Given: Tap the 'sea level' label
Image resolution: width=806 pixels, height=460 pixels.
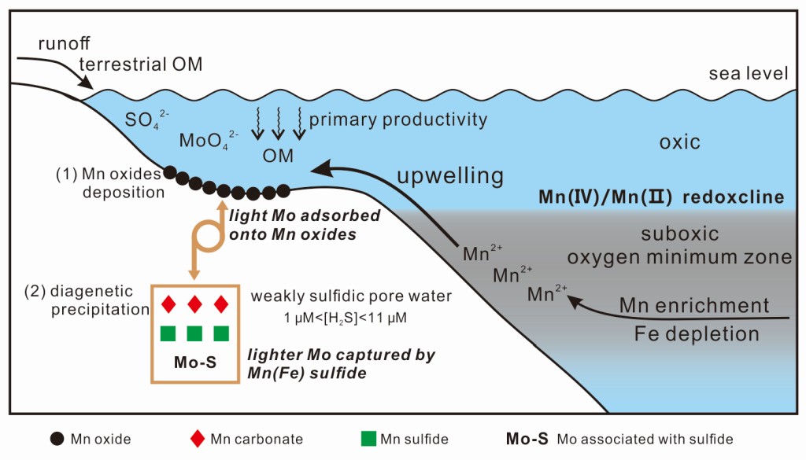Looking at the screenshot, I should [x=748, y=74].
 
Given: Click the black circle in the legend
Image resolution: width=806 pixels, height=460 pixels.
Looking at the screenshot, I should [x=57, y=439].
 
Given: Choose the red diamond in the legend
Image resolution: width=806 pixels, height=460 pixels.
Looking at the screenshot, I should [x=197, y=439].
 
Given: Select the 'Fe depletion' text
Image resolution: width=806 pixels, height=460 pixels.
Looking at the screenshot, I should [x=697, y=333].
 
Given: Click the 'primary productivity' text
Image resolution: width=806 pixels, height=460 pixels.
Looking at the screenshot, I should [x=397, y=120].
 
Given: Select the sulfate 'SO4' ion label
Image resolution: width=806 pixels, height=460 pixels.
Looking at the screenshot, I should [x=145, y=120].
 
